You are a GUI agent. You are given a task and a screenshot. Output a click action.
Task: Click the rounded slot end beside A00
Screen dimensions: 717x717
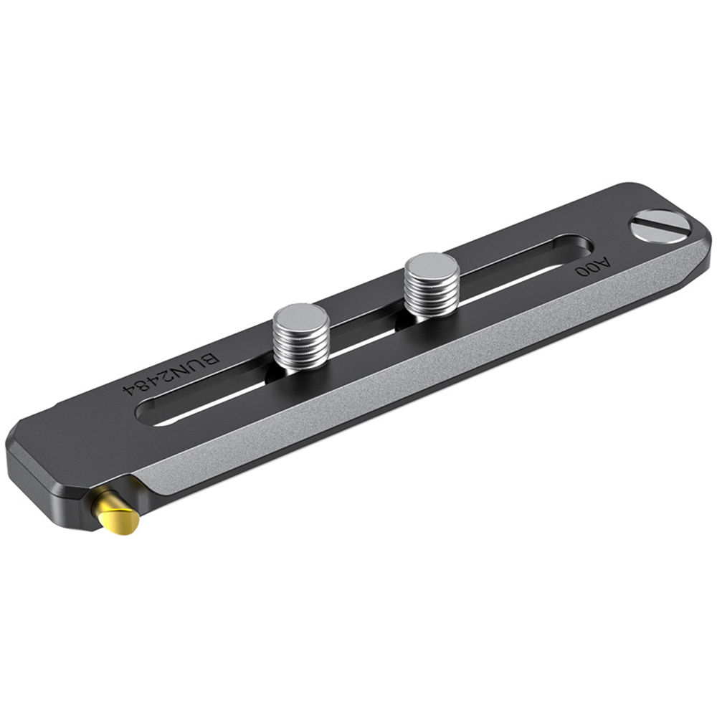(x=574, y=248)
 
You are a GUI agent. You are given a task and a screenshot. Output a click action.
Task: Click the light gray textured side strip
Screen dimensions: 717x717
(x=430, y=358)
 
